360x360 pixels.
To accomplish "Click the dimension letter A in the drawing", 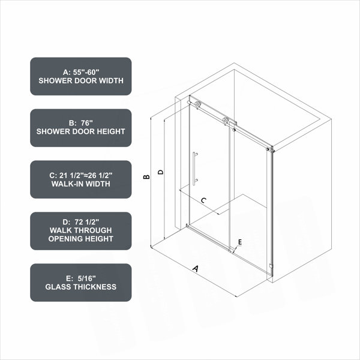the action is point(196,268).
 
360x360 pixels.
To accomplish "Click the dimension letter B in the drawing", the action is point(146,177).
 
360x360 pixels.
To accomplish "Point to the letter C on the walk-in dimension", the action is point(203,200).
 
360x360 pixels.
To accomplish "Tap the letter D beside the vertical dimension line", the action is point(161,172).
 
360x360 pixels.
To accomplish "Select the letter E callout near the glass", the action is point(240,242).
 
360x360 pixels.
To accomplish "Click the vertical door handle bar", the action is point(194,169).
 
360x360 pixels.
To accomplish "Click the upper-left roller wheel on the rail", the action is point(197,104).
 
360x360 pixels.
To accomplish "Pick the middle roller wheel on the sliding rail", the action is point(225,121).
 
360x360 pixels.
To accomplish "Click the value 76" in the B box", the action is point(87,123).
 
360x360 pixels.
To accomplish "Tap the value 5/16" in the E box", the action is point(86,278).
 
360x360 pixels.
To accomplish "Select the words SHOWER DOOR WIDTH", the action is point(81,80).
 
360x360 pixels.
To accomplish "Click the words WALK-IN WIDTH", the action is point(81,184).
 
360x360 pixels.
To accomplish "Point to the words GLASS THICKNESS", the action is point(81,287).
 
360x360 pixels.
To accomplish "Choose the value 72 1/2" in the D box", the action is point(87,222).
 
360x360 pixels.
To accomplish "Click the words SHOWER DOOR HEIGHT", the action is point(81,131).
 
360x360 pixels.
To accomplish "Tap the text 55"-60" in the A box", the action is point(86,72).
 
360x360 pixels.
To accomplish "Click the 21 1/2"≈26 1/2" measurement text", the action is point(86,175).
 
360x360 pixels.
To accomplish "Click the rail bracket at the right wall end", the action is point(271,149).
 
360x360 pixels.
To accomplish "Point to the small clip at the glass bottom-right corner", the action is point(271,266).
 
